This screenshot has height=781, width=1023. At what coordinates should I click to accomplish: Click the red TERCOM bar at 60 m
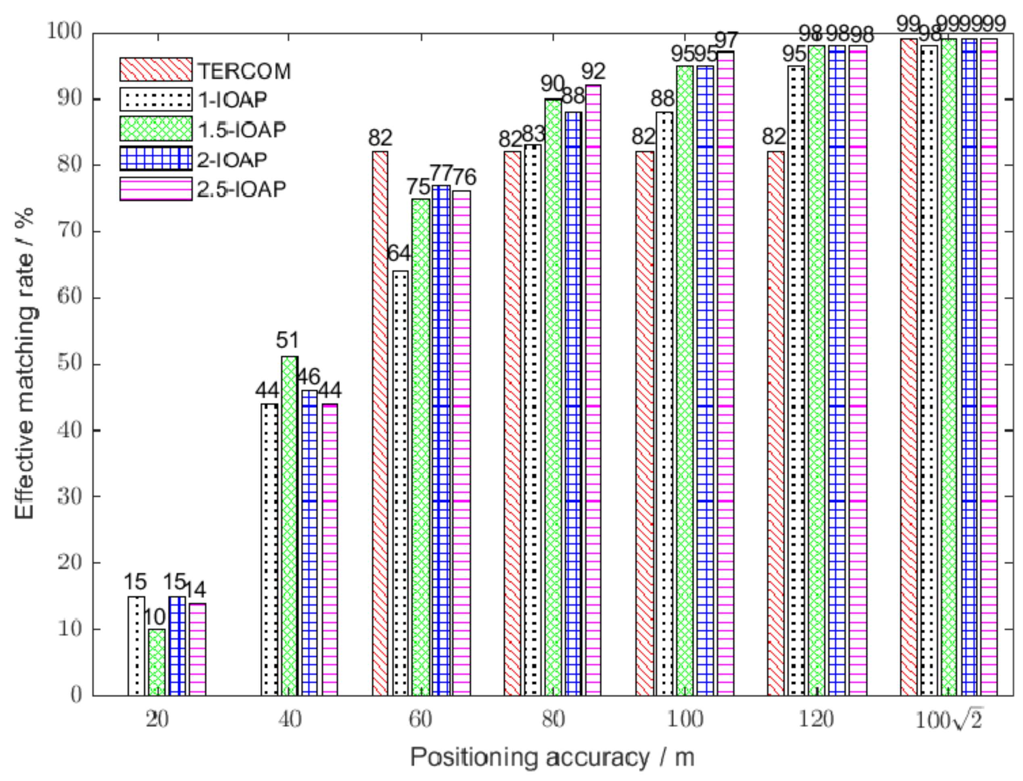coord(380,423)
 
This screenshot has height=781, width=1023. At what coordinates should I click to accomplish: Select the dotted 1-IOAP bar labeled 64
coord(400,483)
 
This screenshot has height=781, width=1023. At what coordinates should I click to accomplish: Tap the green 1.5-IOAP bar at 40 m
coord(289,525)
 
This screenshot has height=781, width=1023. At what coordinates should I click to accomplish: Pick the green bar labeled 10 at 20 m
coord(157,662)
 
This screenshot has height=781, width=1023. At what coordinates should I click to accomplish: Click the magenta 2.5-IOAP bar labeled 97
coord(726,372)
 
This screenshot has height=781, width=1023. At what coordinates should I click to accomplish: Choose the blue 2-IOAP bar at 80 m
coord(574,405)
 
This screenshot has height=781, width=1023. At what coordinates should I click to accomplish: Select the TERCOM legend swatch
coord(156,70)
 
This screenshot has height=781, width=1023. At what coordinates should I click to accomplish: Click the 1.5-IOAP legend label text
coord(242,130)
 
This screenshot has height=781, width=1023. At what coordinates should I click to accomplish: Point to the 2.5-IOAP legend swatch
coord(156,189)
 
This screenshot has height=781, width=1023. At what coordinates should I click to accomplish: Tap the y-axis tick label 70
coord(69,231)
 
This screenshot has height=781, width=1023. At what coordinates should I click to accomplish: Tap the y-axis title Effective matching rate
coord(24,363)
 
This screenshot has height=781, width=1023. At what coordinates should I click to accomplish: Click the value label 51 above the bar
coord(287,340)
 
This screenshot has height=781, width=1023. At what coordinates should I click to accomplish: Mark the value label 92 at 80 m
coord(593,71)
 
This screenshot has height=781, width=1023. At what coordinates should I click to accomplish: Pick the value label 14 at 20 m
coord(195,589)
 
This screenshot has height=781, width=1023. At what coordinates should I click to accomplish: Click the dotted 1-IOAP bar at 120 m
coord(796,381)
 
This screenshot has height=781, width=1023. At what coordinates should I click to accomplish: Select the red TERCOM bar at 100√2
coord(909,367)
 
